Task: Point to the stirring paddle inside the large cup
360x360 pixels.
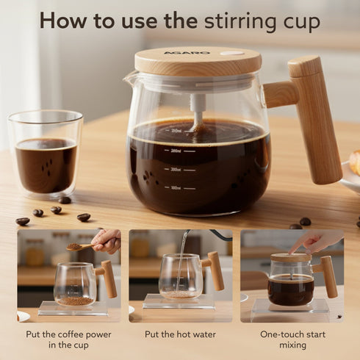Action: coord(197,110)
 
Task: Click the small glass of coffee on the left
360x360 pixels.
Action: coord(46,154)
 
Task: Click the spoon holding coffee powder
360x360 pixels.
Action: coord(81,248)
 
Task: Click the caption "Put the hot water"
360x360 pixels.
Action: coord(179,334)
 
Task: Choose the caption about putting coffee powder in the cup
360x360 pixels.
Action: coord(68,340)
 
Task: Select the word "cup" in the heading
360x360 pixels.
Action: coord(299,21)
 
